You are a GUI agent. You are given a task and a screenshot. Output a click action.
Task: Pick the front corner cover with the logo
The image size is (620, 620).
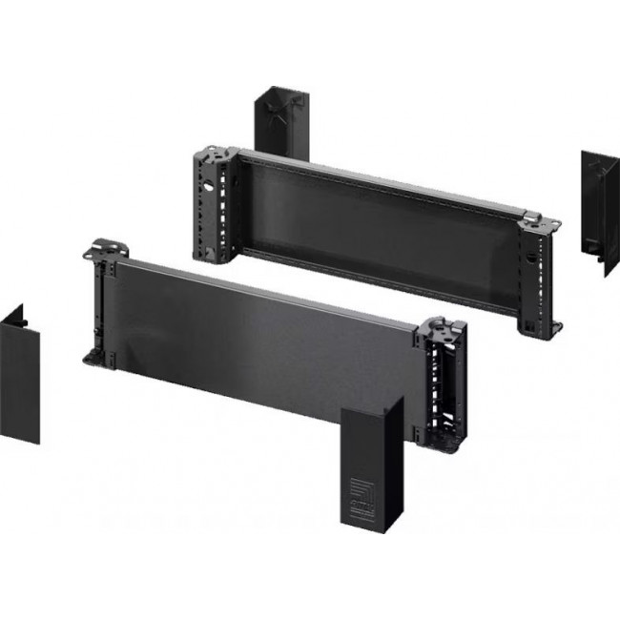366,468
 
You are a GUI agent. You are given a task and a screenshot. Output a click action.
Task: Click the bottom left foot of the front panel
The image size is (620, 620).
96,357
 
